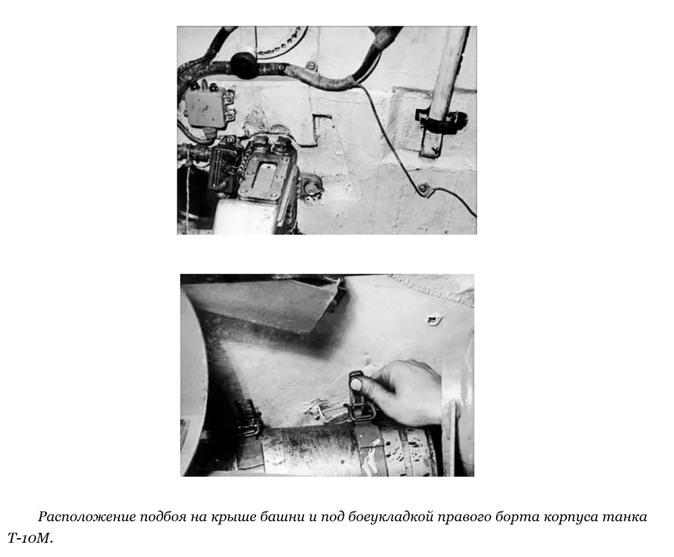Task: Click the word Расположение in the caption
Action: click(x=86, y=516)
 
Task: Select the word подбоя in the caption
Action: click(x=163, y=516)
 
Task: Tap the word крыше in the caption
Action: click(x=232, y=516)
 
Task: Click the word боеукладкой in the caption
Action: click(x=390, y=516)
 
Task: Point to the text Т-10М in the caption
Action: click(x=29, y=537)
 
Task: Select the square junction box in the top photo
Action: click(x=206, y=107)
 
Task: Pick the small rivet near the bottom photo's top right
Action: click(x=433, y=319)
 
